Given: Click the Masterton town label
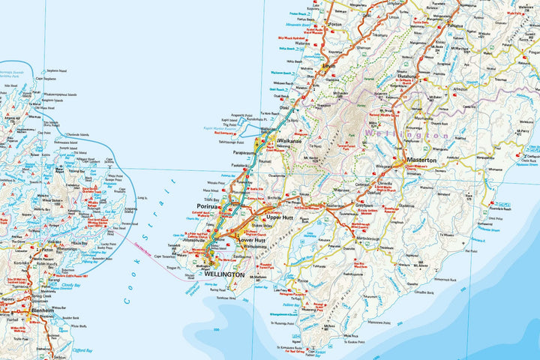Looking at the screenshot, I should tap(421, 160).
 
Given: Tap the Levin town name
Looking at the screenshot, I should tap(328, 66).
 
